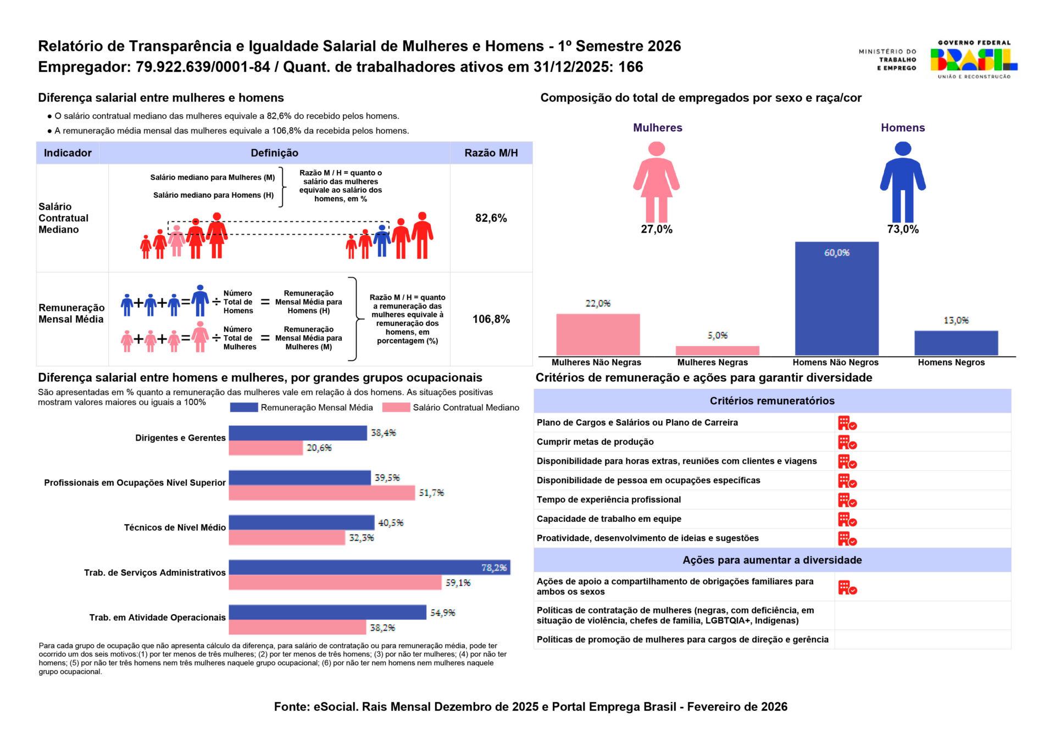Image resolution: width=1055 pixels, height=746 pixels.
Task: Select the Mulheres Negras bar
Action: click(x=717, y=350)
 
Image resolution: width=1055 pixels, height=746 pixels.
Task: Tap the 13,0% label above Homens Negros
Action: click(x=956, y=320)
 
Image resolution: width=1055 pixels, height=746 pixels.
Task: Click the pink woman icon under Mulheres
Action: click(x=657, y=181)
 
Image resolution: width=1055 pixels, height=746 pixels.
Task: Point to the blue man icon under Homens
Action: click(x=903, y=181)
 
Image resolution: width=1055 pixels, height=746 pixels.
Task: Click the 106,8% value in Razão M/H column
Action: click(x=491, y=319)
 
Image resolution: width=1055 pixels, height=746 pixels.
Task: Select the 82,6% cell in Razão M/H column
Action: click(x=491, y=218)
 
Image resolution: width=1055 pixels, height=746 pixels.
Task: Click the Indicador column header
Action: click(x=68, y=153)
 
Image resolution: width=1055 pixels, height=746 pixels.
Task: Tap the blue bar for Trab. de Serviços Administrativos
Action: click(x=369, y=567)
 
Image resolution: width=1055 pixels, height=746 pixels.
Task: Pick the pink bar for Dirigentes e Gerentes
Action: click(x=265, y=448)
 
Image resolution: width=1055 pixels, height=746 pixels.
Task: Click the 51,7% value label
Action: click(x=431, y=493)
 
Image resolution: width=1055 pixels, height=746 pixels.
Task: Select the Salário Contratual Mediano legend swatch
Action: click(x=396, y=408)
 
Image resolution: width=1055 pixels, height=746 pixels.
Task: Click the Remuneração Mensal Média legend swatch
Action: click(x=243, y=408)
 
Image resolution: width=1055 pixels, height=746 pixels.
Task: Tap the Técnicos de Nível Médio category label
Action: click(x=175, y=527)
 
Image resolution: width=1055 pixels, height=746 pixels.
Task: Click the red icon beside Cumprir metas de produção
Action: click(x=847, y=442)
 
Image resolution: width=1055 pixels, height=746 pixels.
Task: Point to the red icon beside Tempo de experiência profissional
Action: click(x=847, y=500)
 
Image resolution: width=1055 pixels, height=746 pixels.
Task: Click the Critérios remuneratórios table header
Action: click(x=771, y=401)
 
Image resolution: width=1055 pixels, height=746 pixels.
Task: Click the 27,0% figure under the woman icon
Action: click(x=657, y=229)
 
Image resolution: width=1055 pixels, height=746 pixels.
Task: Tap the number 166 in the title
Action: click(x=631, y=67)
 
